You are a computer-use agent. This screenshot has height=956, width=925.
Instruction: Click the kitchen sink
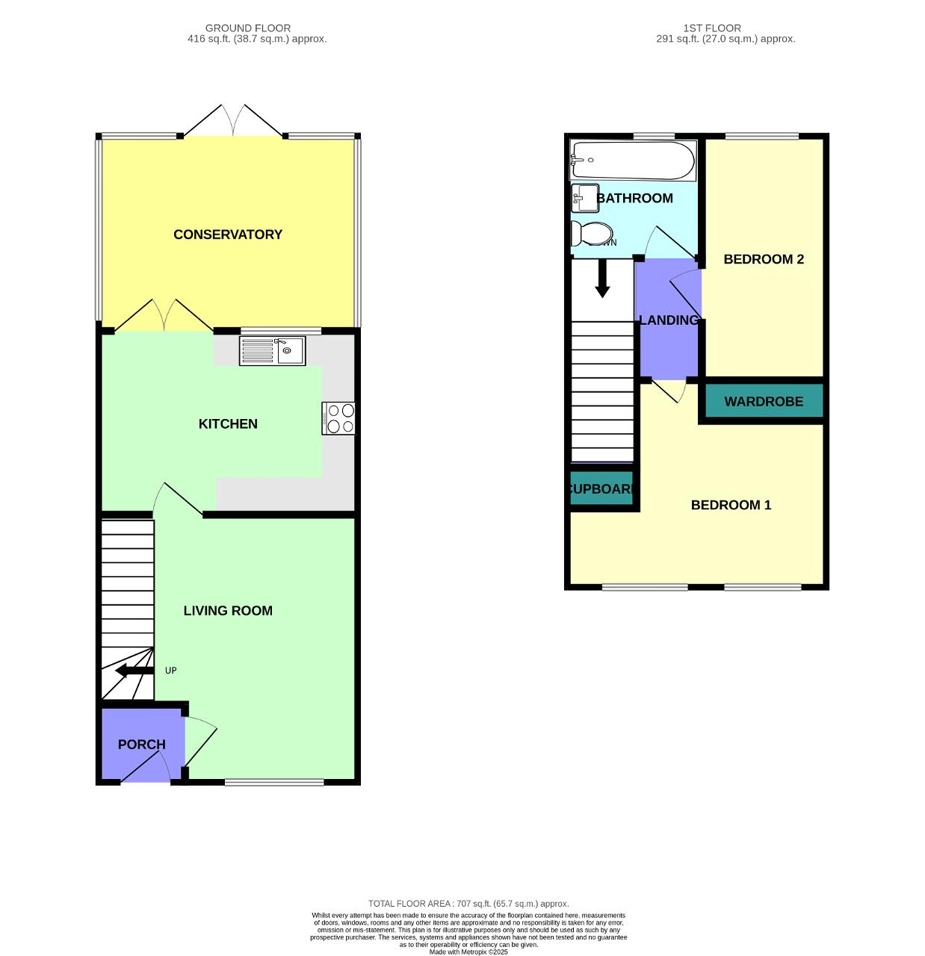click(x=272, y=351)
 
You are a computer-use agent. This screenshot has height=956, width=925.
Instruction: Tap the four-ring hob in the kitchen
click(x=339, y=418)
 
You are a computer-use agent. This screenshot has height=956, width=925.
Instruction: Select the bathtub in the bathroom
click(x=633, y=160)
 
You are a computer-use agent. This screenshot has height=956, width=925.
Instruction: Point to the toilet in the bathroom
click(x=590, y=233)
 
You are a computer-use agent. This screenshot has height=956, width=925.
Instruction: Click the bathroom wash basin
click(x=584, y=199)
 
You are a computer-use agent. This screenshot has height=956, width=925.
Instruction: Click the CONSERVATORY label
click(x=228, y=235)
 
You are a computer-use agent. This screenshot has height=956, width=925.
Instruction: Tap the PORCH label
click(x=141, y=745)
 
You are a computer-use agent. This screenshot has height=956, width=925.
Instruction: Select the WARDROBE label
click(x=764, y=402)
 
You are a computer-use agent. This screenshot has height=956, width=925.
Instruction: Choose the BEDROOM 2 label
click(x=764, y=259)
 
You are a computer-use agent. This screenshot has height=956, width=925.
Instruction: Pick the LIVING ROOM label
click(x=228, y=611)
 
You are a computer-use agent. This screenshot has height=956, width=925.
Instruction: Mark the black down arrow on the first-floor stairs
click(x=602, y=279)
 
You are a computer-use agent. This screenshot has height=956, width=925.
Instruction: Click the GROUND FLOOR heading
click(x=248, y=28)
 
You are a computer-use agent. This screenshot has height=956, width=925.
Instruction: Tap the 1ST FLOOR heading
click(x=712, y=28)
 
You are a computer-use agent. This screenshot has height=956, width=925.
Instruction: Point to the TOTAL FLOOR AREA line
click(x=468, y=904)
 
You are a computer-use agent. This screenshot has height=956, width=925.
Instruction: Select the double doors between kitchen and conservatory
click(x=164, y=316)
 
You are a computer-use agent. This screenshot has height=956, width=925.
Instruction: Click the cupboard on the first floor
click(x=602, y=488)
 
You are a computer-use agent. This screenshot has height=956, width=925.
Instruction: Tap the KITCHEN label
click(x=228, y=424)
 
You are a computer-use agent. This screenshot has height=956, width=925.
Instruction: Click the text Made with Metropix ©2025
click(x=468, y=952)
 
